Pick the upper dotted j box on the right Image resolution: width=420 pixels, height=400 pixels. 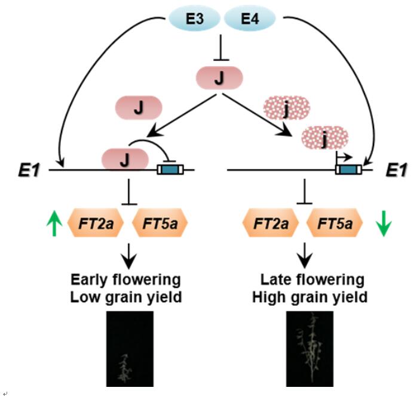pos(287,108)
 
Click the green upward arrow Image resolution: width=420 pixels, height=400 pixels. pos(54,224)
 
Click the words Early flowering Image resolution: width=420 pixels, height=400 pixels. pos(125,279)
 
